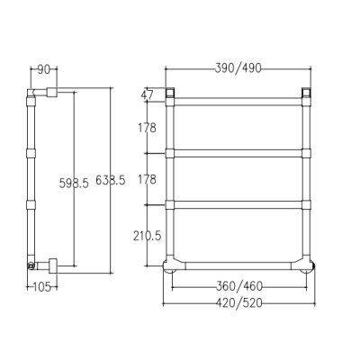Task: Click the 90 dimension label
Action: [43, 70]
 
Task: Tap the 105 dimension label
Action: [41, 287]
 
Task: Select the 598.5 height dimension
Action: [74, 183]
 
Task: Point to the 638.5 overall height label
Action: [111, 180]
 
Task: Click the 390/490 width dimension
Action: [238, 68]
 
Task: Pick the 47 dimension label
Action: [147, 94]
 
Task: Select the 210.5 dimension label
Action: [148, 236]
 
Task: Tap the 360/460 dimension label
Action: [239, 286]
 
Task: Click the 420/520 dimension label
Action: [239, 303]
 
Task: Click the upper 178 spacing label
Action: [147, 128]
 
